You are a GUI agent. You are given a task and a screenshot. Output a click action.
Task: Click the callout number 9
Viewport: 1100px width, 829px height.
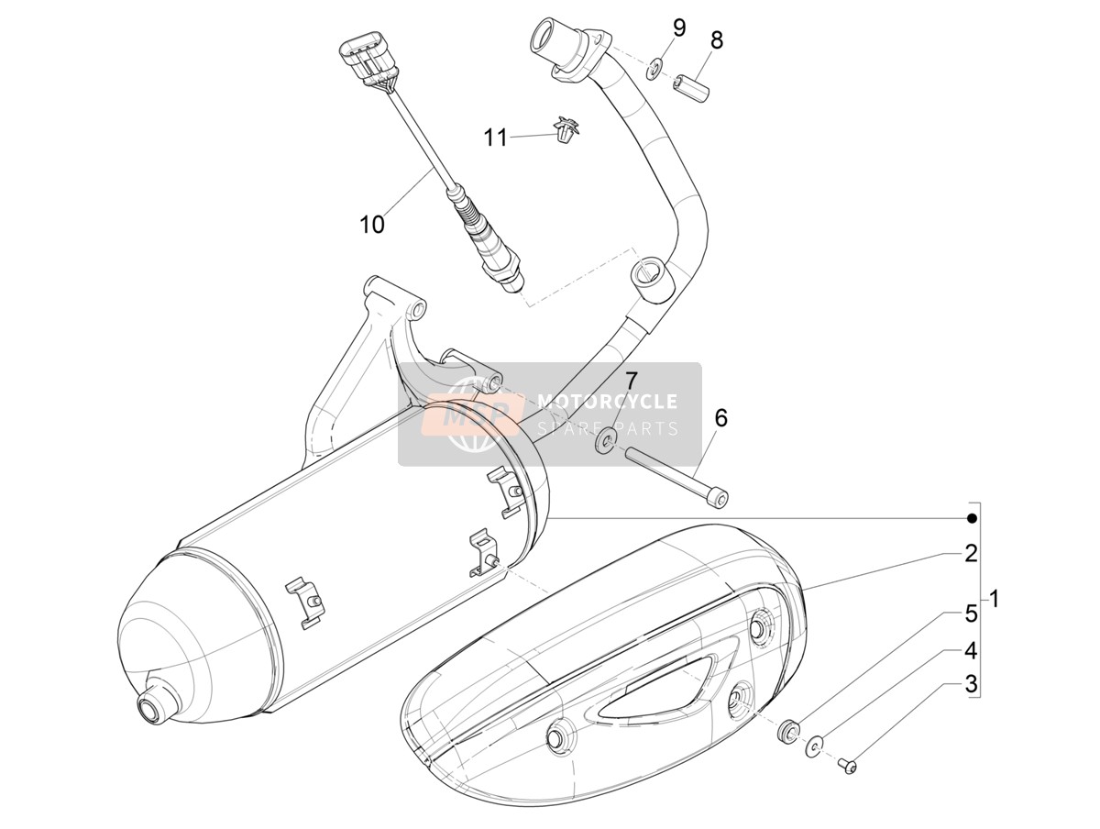[x=678, y=28]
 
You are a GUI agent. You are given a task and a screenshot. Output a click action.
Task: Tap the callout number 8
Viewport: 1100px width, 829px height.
[x=717, y=40]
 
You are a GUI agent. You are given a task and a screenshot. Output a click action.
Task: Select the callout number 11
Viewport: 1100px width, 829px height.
[x=496, y=138]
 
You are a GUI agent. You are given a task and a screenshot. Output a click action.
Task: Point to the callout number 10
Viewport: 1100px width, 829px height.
[x=372, y=224]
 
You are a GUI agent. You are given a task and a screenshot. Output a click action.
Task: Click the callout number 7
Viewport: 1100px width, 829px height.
[x=630, y=381]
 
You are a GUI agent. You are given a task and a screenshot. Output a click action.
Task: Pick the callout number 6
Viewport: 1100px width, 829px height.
[x=720, y=418]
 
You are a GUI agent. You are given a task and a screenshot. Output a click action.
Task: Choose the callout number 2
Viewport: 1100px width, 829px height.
[x=971, y=553]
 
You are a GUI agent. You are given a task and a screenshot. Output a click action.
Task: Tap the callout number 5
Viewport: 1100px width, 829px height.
[x=971, y=614]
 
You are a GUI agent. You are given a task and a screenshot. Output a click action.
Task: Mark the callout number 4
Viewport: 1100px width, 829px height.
[x=971, y=652]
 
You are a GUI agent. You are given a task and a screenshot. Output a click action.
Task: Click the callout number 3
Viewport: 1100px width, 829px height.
[x=971, y=683]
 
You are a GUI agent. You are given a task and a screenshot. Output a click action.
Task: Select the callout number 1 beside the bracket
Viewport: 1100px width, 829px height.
[x=995, y=599]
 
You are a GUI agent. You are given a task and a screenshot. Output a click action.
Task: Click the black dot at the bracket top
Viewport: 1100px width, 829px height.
[x=972, y=519]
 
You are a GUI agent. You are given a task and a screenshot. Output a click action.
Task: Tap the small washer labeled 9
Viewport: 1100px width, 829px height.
[x=654, y=67]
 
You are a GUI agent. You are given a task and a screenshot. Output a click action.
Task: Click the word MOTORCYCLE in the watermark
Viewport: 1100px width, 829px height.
[x=608, y=401]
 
